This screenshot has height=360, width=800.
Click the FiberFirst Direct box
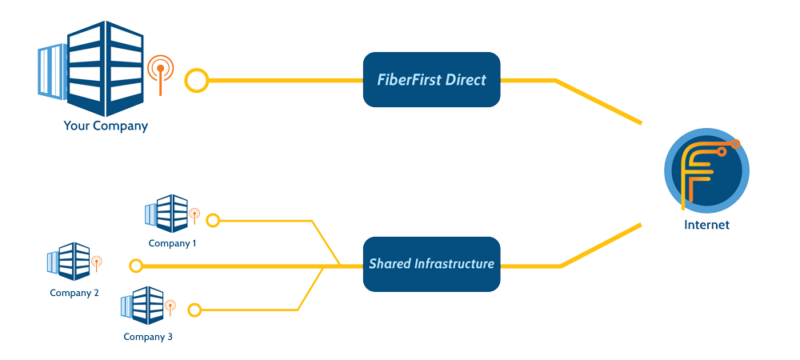coord(430,79)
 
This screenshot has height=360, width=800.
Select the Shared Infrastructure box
coord(430,264)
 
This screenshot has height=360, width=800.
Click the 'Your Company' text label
coord(105,127)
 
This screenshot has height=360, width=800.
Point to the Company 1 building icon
coord(166,213)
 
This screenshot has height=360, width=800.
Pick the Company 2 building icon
coord(69,262)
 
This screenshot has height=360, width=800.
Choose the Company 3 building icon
coord(142,305)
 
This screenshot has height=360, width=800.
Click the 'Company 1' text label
coord(172,242)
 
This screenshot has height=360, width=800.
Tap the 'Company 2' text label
coord(74,293)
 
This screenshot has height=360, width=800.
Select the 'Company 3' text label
coord(148,336)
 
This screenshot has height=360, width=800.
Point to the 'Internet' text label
coord(706,225)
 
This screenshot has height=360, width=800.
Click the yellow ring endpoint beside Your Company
coord(197,79)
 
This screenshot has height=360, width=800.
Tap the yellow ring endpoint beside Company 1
coord(212,219)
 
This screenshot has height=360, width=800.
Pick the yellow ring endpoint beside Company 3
coord(196,309)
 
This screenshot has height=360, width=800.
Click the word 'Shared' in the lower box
coord(390,264)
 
